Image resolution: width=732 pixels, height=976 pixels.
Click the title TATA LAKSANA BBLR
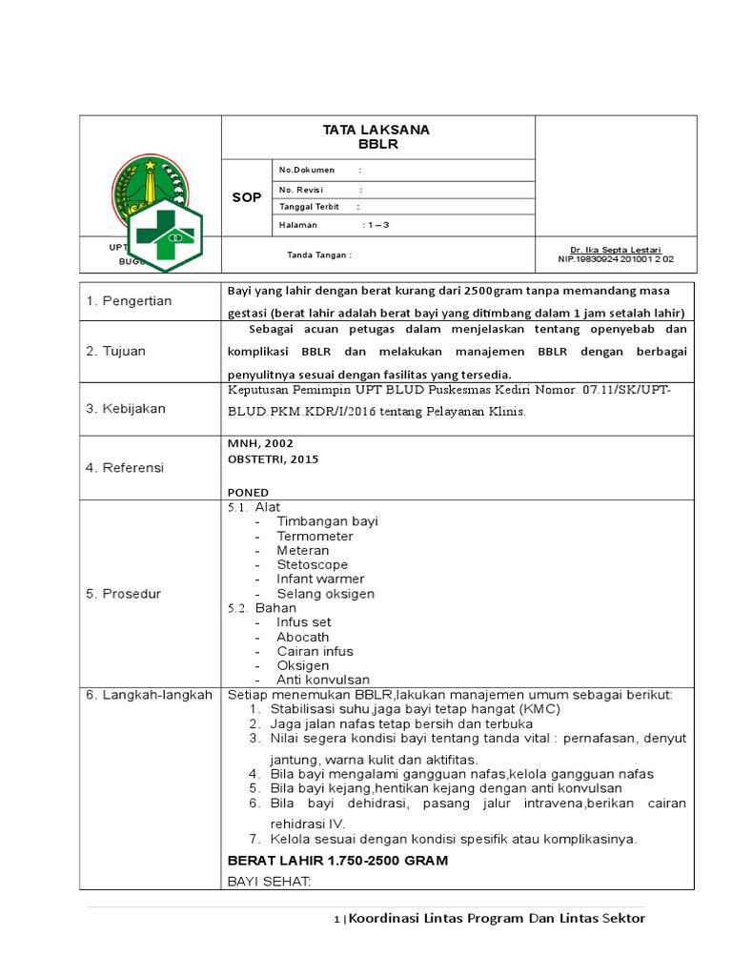point(376,137)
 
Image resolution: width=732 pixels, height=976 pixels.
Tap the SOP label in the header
point(246,197)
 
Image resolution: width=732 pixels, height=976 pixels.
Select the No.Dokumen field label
point(307,170)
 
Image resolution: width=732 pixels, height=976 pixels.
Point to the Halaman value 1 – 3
point(376,225)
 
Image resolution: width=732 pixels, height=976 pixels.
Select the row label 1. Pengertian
point(129,301)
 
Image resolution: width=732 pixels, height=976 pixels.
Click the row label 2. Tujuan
point(115,351)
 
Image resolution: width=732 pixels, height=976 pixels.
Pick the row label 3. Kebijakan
point(125,408)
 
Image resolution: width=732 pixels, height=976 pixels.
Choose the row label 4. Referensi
point(124,468)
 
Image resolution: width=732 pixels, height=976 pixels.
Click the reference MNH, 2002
point(260,443)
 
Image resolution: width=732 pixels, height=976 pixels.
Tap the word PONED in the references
point(248,492)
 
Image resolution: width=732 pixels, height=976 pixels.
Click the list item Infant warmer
point(320,579)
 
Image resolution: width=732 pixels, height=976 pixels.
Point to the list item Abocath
point(303,637)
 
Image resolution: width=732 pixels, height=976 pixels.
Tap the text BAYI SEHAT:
point(269,882)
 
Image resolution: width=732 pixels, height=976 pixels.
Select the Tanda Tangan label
point(320,254)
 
